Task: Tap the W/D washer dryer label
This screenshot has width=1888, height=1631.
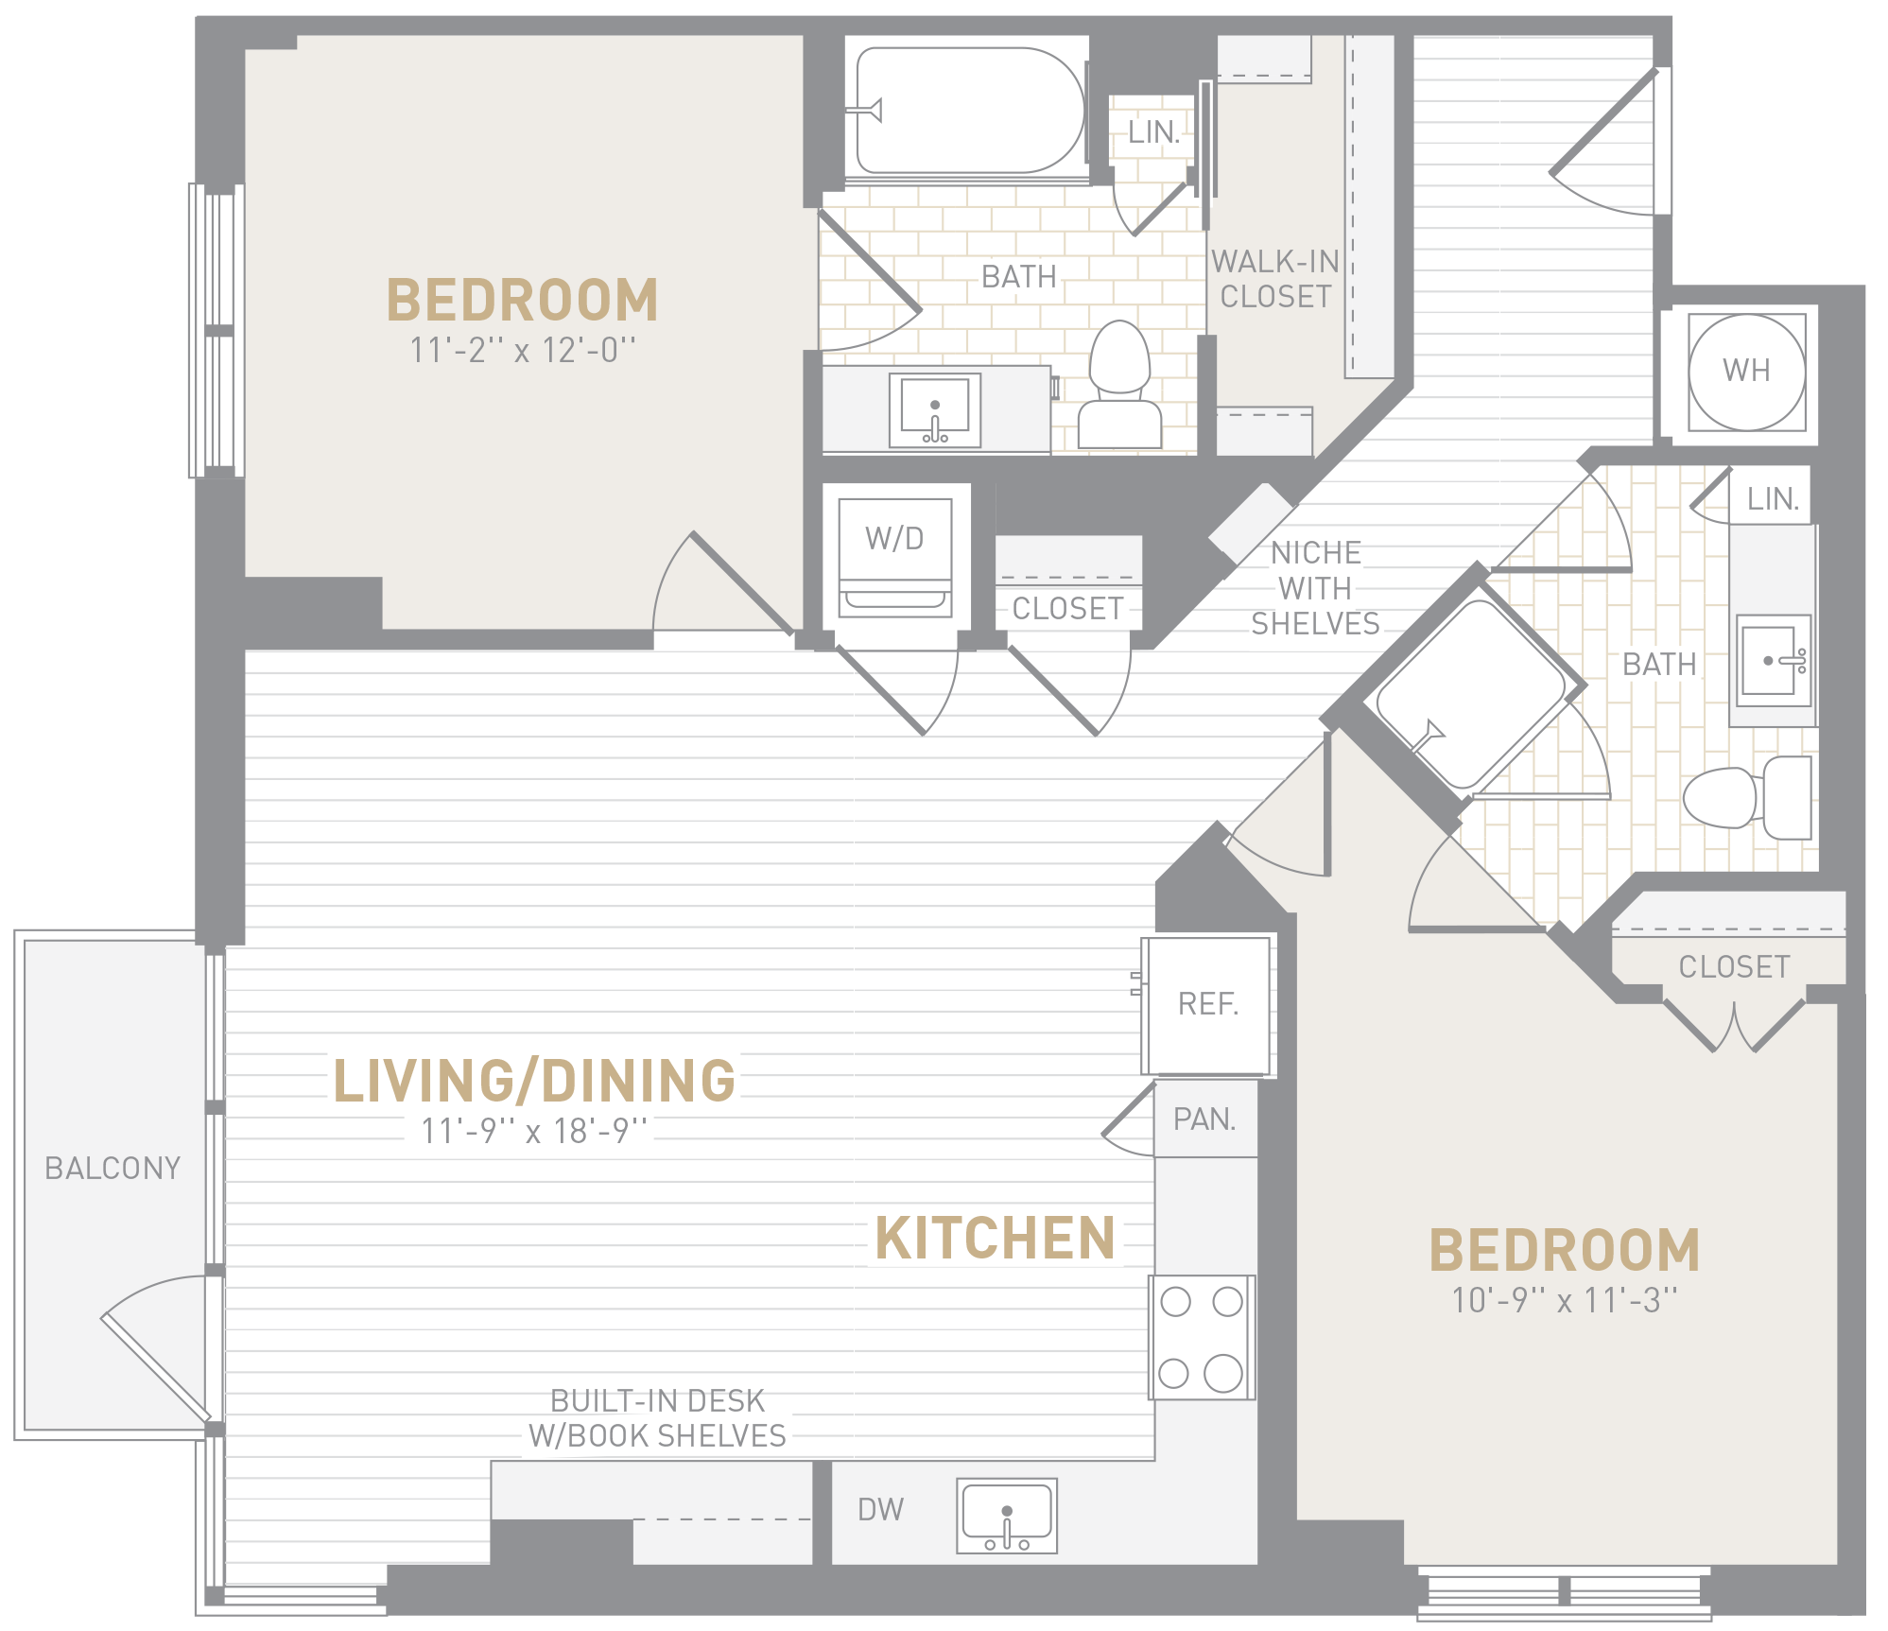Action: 894,539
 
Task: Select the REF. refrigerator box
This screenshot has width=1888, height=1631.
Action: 1206,1005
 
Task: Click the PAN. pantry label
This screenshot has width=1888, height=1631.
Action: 1204,1119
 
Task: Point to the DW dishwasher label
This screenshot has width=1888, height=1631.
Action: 880,1510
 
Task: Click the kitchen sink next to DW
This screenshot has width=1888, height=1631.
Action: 1007,1516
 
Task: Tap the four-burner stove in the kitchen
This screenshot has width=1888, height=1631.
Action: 1202,1337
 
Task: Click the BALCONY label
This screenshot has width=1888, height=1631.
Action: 113,1169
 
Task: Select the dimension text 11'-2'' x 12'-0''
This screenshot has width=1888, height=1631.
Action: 523,350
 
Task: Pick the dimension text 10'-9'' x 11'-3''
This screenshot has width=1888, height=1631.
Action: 1565,1300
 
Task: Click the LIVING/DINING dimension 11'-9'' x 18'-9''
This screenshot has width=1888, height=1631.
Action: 534,1131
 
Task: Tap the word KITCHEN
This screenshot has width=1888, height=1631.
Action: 996,1238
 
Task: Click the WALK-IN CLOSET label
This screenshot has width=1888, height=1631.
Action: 1275,279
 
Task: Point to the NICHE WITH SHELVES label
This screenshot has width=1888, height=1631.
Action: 1316,588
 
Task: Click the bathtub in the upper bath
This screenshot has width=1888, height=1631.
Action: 968,111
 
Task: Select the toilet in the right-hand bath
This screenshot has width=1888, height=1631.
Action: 1747,797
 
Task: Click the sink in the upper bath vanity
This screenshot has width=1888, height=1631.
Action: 935,410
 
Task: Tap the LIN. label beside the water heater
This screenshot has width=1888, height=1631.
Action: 1773,499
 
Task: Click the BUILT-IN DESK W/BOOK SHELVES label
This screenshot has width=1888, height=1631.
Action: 658,1418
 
